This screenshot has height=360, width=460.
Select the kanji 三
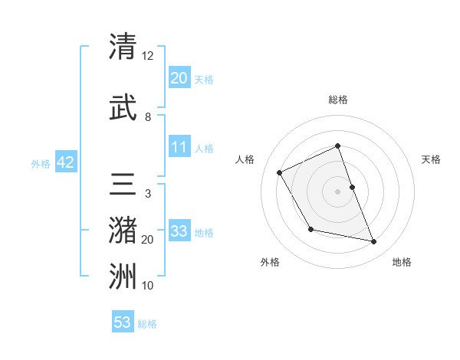pos(123,186)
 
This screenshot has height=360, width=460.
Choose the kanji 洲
pos(123,277)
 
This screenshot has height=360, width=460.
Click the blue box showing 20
pos(179,78)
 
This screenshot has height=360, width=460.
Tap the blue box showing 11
pos(179,147)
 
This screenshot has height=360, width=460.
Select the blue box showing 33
pos(179,231)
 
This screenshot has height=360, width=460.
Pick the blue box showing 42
pos(65,162)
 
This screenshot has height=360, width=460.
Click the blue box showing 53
pos(123,322)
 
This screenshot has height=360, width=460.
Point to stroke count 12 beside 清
pos(148,55)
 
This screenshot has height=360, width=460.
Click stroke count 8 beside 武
pos(148,117)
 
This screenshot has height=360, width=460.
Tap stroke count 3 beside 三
pos(147,194)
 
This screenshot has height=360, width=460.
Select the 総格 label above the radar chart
pos(338,100)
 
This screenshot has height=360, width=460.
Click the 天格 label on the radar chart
pos(431,159)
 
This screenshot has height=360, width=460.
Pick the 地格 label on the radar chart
pos(402,263)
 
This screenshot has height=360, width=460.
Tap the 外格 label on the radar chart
pos(270,263)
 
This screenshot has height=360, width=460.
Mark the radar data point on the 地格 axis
pos(374,242)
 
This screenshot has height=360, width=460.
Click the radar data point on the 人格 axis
pos(280,172)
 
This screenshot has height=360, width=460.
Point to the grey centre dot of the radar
pos(338,191)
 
